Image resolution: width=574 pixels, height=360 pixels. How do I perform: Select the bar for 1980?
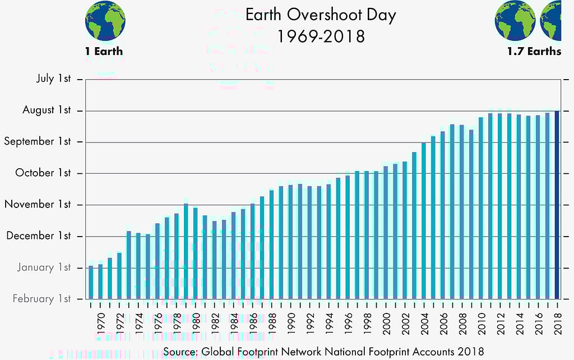(195, 253)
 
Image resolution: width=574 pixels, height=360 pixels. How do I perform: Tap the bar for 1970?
(100, 281)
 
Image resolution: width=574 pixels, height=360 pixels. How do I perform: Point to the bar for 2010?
(481, 207)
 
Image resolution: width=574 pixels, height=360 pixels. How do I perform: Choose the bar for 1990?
(290, 241)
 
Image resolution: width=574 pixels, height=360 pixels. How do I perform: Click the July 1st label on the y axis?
(54, 79)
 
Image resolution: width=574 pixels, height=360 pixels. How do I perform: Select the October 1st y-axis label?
(43, 173)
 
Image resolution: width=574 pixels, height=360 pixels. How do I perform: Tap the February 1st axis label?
(42, 298)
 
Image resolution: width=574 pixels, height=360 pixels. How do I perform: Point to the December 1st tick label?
(39, 236)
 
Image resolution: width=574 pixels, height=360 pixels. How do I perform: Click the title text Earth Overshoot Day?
(321, 15)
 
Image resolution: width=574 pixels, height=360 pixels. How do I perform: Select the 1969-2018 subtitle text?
(321, 36)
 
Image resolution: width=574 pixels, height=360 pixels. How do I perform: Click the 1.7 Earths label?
(534, 52)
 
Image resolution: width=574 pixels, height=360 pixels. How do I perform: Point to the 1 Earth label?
(104, 52)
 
